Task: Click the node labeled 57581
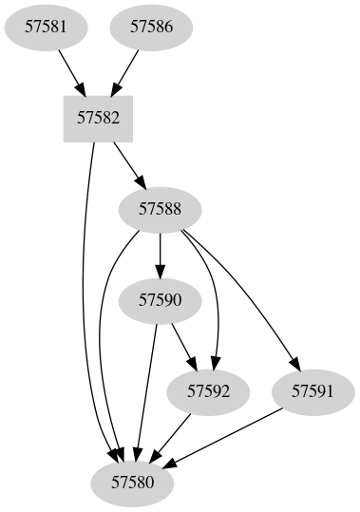(x=46, y=27)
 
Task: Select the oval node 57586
(x=151, y=27)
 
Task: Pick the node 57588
(x=160, y=209)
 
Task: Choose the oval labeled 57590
(x=160, y=300)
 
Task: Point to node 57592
(x=209, y=390)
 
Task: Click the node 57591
(x=313, y=390)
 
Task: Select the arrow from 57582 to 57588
(x=128, y=162)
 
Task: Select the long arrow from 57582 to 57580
(x=85, y=304)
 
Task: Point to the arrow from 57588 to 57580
(x=102, y=351)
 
